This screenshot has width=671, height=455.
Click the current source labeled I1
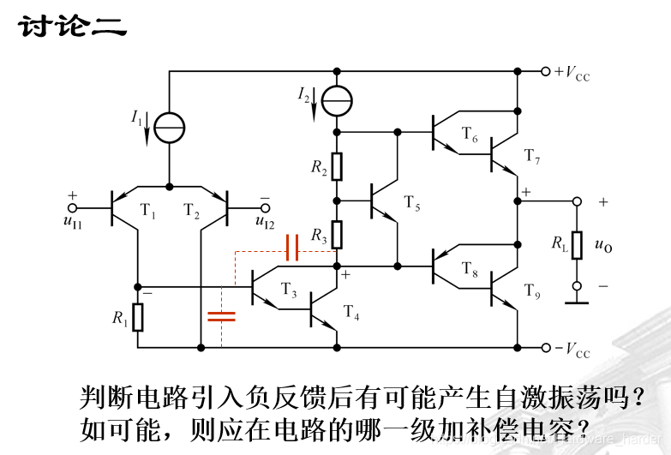[169, 128]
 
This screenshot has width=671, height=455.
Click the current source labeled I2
[337, 101]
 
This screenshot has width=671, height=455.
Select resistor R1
[138, 317]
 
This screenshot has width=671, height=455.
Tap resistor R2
[337, 166]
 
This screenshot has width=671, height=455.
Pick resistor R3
[337, 232]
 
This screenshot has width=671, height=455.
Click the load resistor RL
[577, 243]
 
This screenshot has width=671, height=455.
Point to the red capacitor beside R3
[291, 248]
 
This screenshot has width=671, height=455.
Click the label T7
[532, 156]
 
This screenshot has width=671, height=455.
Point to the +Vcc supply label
[572, 73]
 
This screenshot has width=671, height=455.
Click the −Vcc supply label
[572, 350]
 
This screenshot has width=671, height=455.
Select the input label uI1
[72, 222]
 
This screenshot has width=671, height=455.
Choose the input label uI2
[265, 222]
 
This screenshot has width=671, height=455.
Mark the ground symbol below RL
[577, 302]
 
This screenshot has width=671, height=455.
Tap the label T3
[289, 294]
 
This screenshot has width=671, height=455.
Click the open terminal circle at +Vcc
[545, 72]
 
